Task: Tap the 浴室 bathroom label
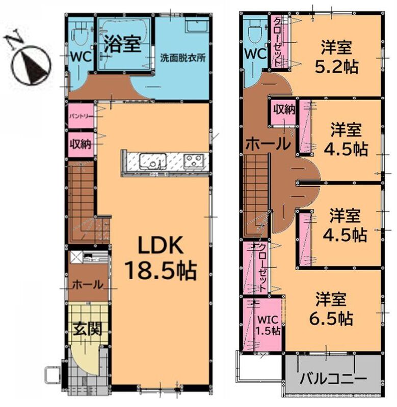[122, 44]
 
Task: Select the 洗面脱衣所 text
[182, 57]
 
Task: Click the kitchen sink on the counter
[153, 161]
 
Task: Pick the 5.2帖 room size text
[336, 67]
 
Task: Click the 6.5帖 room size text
[331, 318]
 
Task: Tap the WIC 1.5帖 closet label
[268, 325]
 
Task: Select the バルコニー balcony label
[333, 379]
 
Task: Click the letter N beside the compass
[14, 40]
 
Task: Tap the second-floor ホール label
[268, 143]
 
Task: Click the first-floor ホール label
[88, 284]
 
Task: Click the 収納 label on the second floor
[284, 110]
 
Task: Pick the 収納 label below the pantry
[81, 144]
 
